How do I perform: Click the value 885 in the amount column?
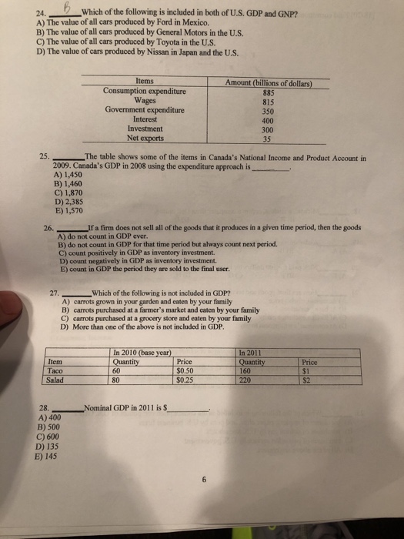pos(269,90)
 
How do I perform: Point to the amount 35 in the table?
pos(266,139)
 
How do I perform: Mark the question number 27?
pos(54,291)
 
